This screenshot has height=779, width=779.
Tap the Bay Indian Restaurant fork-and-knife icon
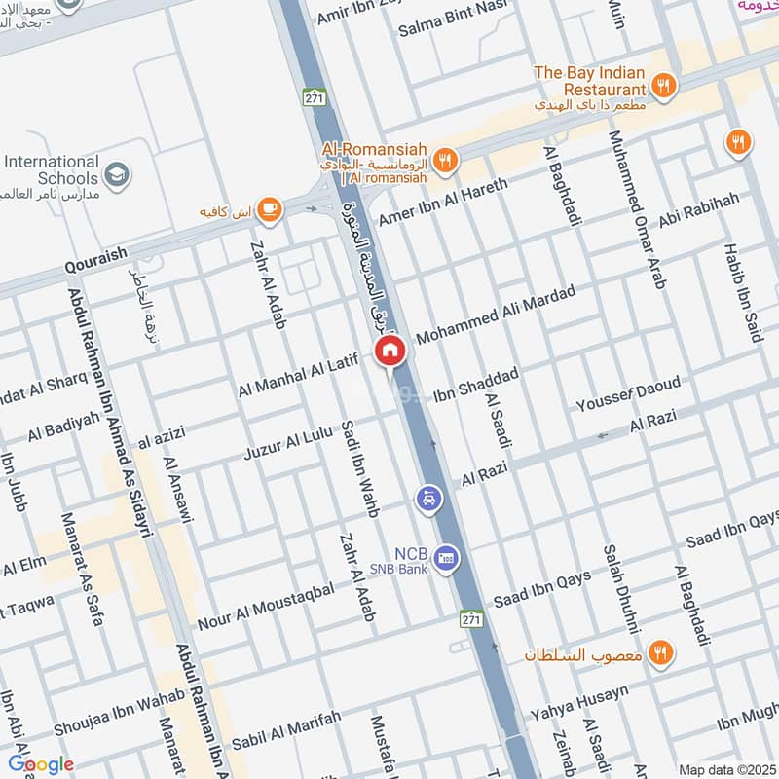click(664, 86)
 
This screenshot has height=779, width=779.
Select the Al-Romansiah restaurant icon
click(445, 161)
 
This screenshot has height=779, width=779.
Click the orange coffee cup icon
click(269, 207)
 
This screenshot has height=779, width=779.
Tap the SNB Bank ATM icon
click(447, 560)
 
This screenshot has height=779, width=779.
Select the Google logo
click(41, 764)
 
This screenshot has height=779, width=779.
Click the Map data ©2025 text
click(725, 769)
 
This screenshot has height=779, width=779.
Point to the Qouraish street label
click(96, 254)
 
